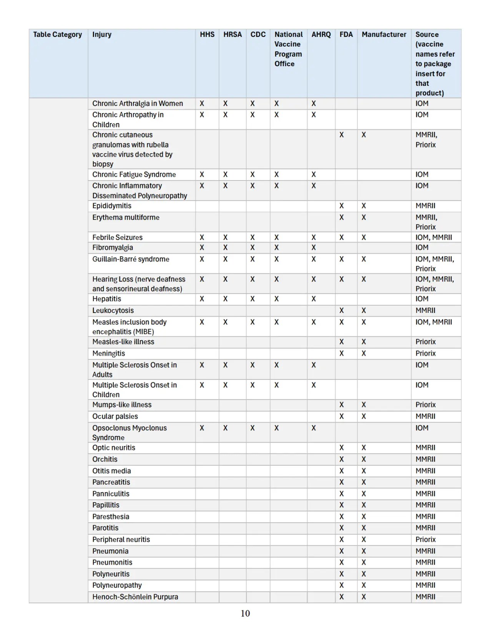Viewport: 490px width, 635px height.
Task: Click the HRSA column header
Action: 233,35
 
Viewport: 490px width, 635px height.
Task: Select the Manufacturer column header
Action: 384,35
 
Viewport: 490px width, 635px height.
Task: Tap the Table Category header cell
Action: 57,35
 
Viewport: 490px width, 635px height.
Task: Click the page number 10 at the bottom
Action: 245,613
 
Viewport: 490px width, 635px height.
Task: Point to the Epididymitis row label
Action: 112,206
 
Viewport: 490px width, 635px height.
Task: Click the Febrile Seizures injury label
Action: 117,237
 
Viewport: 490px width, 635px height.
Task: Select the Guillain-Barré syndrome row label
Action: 131,259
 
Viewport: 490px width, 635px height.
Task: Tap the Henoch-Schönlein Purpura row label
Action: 135,597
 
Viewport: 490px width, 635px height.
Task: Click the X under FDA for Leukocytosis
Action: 341,311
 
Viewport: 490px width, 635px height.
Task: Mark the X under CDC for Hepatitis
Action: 252,299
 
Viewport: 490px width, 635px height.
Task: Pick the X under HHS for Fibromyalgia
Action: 202,247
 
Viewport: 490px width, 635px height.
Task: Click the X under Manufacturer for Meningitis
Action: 364,353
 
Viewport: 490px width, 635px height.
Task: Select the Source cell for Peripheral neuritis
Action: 425,540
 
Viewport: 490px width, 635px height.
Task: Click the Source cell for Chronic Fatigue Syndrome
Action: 422,174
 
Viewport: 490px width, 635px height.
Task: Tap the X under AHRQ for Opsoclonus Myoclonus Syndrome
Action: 314,428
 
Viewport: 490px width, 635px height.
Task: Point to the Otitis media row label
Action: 111,471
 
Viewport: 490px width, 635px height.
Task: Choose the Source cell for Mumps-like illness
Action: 425,405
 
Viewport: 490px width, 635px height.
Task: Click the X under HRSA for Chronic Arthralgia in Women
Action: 225,104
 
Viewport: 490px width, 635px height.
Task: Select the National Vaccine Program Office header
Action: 288,49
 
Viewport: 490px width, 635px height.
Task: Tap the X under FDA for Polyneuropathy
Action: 341,585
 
